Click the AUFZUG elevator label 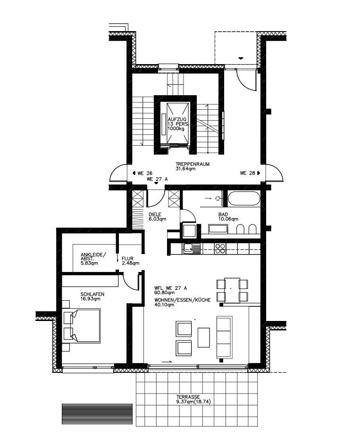point(177,120)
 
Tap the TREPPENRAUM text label point(193,164)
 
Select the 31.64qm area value point(186,169)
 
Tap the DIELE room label point(155,214)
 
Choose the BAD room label point(223,214)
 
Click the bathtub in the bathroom point(244,198)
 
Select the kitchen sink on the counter point(192,248)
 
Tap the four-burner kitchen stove point(220,248)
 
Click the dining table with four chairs point(232,290)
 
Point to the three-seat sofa point(225,337)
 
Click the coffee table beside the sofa point(203,337)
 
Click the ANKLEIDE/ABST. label point(93,257)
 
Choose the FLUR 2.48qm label point(130,261)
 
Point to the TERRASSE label point(188,397)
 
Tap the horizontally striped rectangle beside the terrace point(97,414)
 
